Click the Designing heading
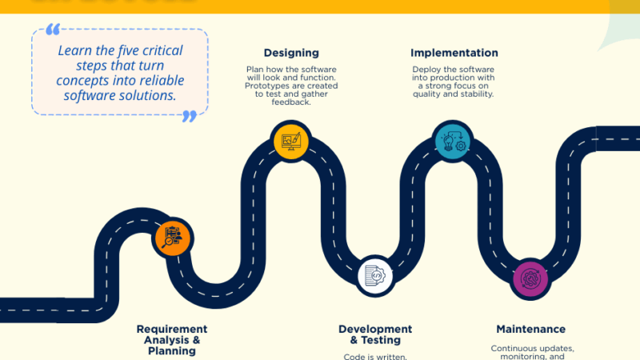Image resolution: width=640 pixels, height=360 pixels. pos(291,53)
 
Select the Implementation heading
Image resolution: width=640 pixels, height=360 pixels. pos(454,53)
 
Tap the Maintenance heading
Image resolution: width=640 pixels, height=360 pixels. pos(530,329)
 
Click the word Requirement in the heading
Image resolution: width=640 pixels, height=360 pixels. pos(172,329)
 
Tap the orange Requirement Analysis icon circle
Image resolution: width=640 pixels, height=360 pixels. pos(172,237)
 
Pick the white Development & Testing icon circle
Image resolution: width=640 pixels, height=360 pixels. pos(374,276)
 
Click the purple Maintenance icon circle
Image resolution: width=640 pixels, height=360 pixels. pos(530,279)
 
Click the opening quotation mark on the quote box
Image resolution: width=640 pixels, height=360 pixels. pos(54,30)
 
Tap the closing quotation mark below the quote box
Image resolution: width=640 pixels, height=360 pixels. pos(190,116)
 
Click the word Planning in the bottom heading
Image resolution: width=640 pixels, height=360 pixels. pos(172,350)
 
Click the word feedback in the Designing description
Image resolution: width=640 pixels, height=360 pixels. pos(291,102)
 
